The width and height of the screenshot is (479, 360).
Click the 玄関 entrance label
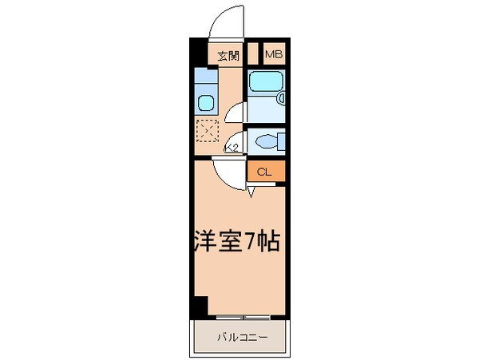tap(228, 55)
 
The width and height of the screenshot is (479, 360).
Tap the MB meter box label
tap(273, 55)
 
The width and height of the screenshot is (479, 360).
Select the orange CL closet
tap(264, 171)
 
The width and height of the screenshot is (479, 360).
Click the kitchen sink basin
tap(204, 102)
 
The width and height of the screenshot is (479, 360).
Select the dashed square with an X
tap(208, 129)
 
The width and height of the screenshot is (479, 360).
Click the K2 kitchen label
tap(232, 148)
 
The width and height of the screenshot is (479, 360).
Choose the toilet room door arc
tap(236, 140)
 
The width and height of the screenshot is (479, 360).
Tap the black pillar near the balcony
tap(198, 307)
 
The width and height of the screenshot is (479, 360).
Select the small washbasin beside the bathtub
tap(282, 97)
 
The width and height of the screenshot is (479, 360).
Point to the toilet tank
tap(281, 142)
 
